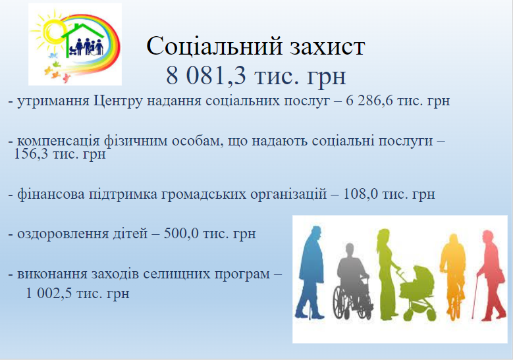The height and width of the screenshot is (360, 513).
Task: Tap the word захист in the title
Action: pos(327,47)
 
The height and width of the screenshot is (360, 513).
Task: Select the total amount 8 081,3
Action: pos(205,76)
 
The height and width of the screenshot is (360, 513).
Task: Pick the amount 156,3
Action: pos(31,154)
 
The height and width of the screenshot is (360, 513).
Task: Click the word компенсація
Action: pos(58,141)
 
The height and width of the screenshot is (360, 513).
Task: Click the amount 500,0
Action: pos(181,234)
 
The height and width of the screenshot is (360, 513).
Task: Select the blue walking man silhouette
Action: pos(310,272)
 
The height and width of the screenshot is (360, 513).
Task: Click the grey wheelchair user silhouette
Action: pos(352,284)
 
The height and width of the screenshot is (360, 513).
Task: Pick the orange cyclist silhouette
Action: pos(453,276)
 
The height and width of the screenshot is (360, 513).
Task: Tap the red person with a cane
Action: pos(491,275)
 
